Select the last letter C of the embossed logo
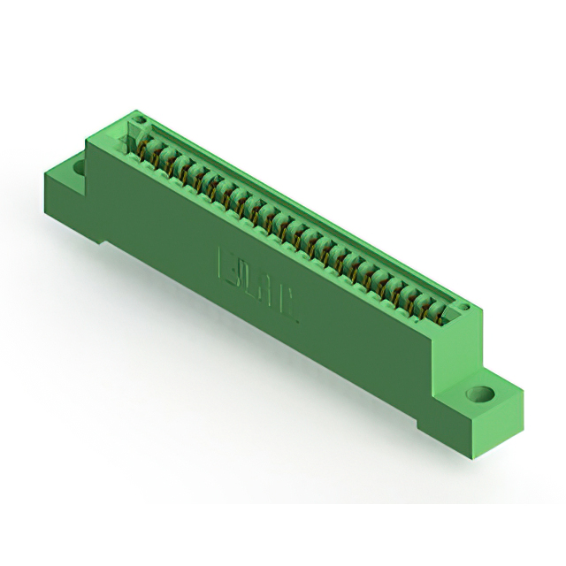point(288,303)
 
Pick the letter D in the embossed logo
point(246,278)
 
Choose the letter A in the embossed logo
point(267,291)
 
